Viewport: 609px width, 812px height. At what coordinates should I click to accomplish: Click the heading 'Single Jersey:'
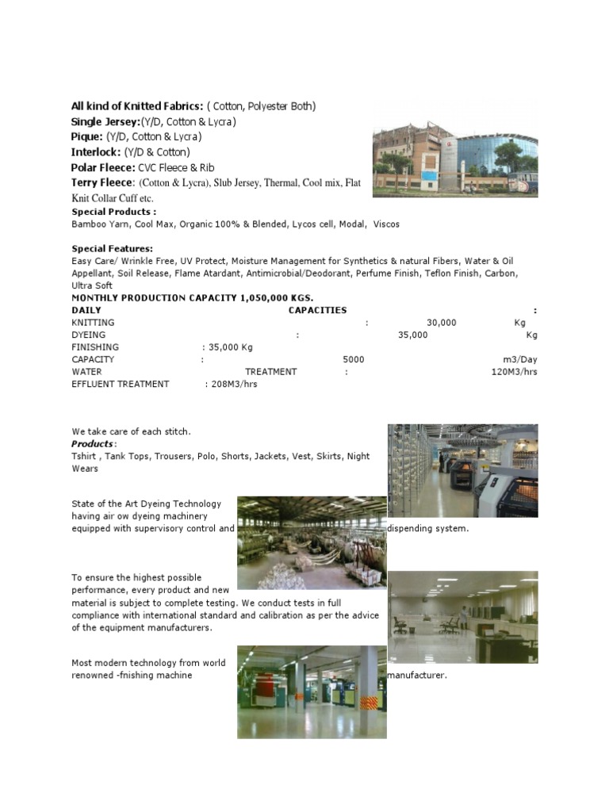click(105, 121)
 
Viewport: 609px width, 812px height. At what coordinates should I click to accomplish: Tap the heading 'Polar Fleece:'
click(103, 167)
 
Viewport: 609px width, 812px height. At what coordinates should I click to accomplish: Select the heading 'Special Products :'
click(114, 212)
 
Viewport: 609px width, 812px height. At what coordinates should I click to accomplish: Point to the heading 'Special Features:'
click(113, 249)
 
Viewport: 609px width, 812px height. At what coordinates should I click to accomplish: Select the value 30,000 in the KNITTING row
click(441, 323)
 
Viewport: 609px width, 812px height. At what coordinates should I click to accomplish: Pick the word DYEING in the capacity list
click(88, 335)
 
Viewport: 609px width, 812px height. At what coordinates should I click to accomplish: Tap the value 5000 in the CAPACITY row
click(354, 359)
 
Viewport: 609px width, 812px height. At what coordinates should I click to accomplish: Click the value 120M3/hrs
click(514, 372)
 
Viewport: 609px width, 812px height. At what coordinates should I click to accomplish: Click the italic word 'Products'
click(92, 444)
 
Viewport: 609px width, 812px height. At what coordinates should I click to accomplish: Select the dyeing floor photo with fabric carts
click(312, 543)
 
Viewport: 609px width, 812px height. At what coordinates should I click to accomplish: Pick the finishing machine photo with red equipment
click(312, 692)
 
